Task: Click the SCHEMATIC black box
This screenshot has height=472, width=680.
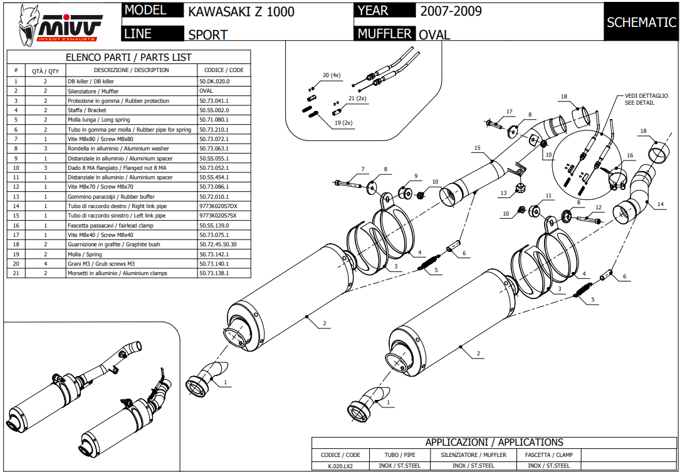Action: pyautogui.click(x=641, y=23)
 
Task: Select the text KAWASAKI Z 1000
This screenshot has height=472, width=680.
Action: pyautogui.click(x=241, y=12)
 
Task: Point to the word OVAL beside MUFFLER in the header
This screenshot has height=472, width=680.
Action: pyautogui.click(x=434, y=35)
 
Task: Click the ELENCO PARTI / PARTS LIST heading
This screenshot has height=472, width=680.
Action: pyautogui.click(x=128, y=58)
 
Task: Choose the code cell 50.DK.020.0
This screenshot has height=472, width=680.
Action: pyautogui.click(x=214, y=81)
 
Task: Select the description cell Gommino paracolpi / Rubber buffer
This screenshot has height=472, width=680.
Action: pyautogui.click(x=113, y=196)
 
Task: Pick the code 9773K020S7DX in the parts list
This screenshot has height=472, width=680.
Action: pyautogui.click(x=218, y=206)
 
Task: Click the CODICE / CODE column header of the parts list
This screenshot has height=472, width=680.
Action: pyautogui.click(x=224, y=70)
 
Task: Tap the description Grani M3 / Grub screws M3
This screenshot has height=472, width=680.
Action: pyautogui.click(x=103, y=263)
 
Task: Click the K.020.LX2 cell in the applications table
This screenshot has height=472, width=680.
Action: pyautogui.click(x=340, y=466)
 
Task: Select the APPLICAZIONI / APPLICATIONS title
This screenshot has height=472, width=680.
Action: pyautogui.click(x=494, y=443)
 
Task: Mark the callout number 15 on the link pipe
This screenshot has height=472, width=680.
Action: pyautogui.click(x=477, y=148)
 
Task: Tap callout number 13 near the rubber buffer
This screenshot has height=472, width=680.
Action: pyautogui.click(x=503, y=193)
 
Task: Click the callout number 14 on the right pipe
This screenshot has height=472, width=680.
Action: pyautogui.click(x=660, y=204)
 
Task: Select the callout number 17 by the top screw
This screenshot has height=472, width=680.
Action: pyautogui.click(x=509, y=112)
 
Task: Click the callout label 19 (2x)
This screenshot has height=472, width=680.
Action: pyautogui.click(x=343, y=123)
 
